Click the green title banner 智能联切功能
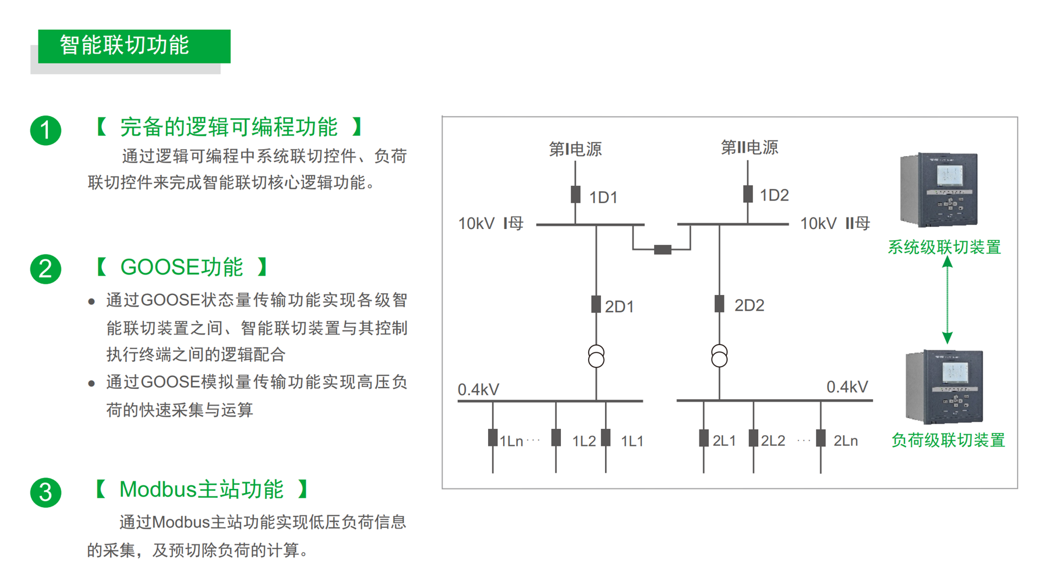point(134,46)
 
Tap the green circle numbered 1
point(45,130)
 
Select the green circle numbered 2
point(45,269)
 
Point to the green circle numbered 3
point(45,492)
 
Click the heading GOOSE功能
point(181,268)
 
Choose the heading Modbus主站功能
point(201,490)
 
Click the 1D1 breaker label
point(603,198)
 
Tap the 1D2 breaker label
point(774,195)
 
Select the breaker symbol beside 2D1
point(596,304)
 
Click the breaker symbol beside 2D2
point(719,304)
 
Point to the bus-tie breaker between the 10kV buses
point(662,250)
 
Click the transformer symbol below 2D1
point(596,356)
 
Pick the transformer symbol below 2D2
point(719,356)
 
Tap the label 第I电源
point(575,149)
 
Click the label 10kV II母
point(835,223)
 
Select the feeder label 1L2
point(584,441)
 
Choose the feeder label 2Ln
point(845,441)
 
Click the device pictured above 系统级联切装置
point(939,189)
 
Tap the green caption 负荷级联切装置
point(948,441)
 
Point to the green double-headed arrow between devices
point(948,300)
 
